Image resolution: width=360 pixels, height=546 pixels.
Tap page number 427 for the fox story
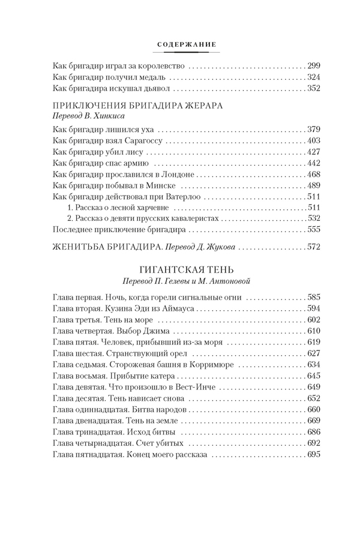[x=314, y=152]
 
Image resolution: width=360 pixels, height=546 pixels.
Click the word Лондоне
[x=178, y=175]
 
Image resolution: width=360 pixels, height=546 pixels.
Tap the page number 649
[x=314, y=386]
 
